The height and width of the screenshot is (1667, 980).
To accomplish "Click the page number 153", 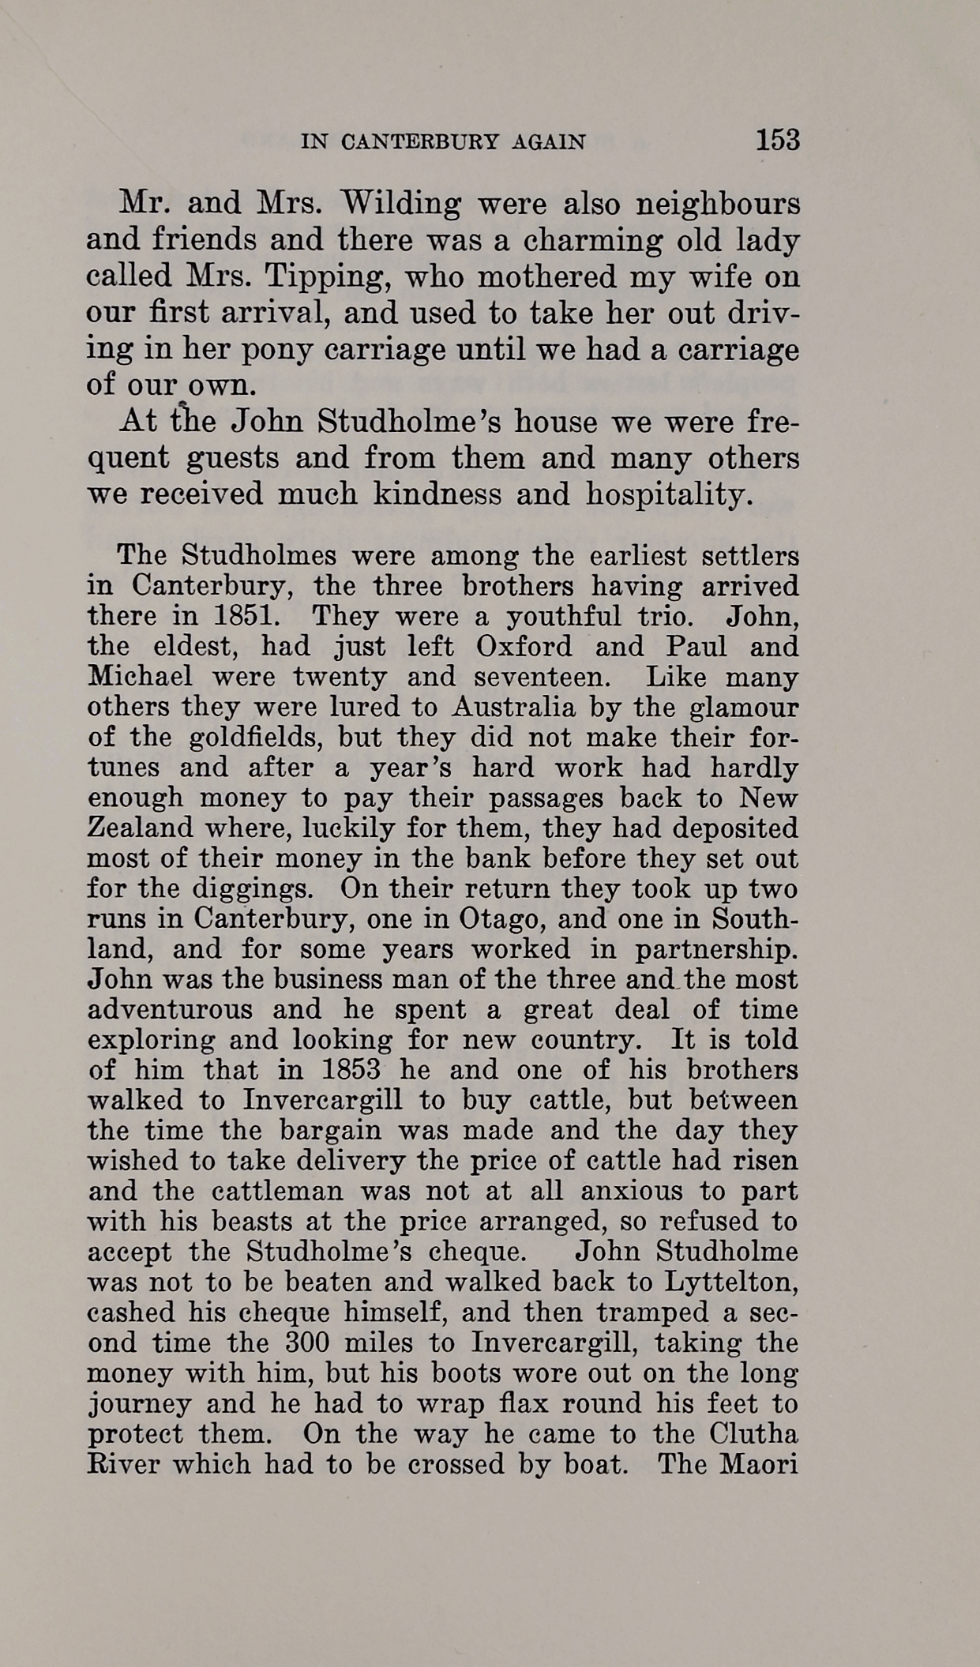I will tap(778, 140).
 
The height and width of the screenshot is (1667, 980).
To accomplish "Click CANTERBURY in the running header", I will tap(420, 142).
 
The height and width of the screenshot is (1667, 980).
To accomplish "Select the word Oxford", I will tap(524, 646).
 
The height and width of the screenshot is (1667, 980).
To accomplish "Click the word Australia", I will tap(502, 707).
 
